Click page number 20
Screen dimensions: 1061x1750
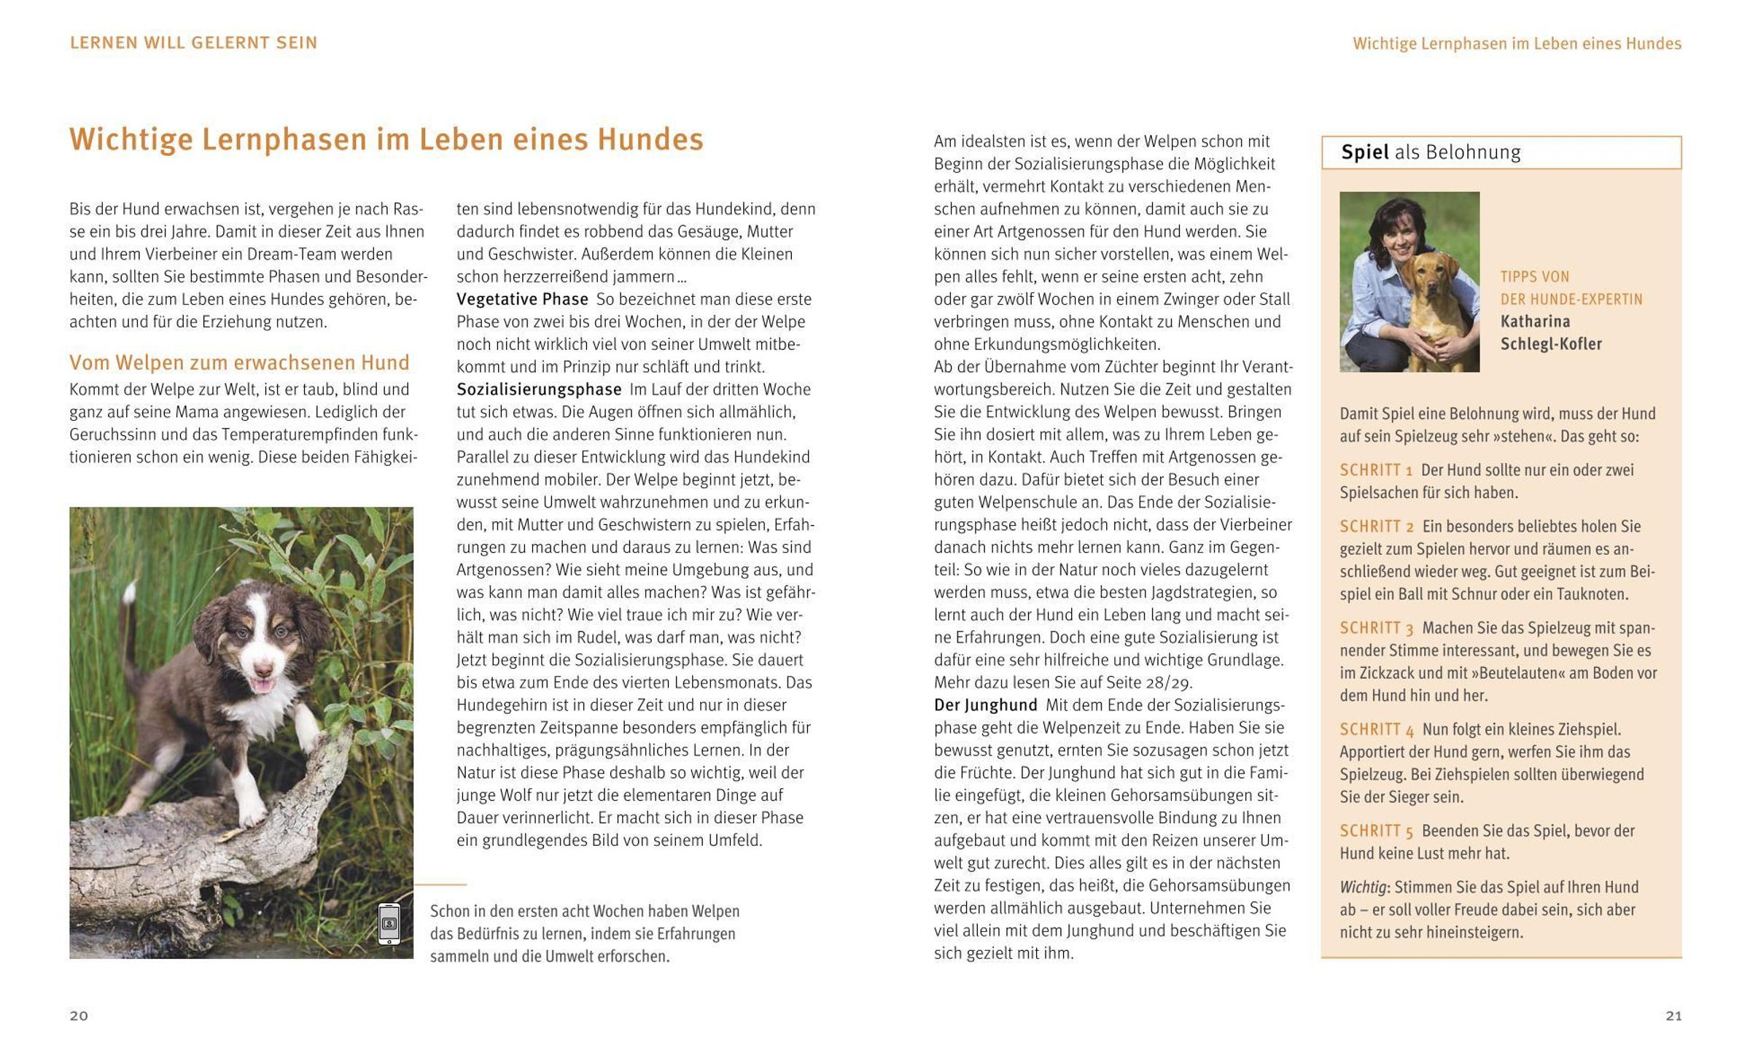[x=79, y=1016]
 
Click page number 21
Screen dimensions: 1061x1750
[x=1673, y=1016]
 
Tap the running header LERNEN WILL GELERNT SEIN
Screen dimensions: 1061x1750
[x=193, y=43]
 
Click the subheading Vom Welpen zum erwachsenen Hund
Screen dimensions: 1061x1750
[x=239, y=362]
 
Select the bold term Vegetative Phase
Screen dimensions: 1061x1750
[x=522, y=299]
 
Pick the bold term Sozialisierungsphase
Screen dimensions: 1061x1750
[x=539, y=389]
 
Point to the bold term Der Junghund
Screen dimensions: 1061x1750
[x=985, y=705]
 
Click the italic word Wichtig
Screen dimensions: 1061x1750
[x=1363, y=887]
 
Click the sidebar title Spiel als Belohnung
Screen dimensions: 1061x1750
[x=1431, y=152]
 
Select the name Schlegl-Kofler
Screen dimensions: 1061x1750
[x=1551, y=344]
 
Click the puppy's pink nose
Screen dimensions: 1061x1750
[x=262, y=669]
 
